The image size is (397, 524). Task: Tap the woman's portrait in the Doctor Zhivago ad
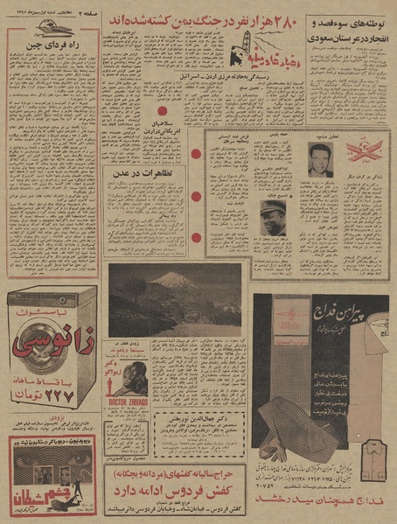point(126,376)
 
